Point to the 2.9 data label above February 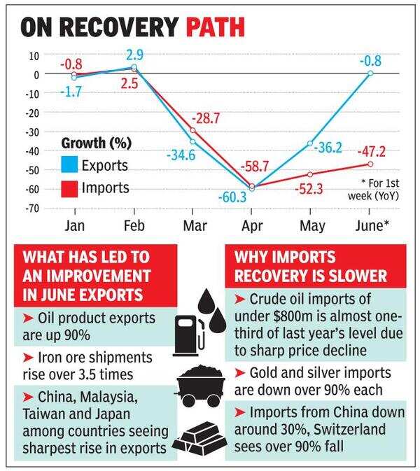[135, 55]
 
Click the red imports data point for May [310, 174]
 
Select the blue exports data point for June [370, 73]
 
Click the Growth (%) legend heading [97, 143]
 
